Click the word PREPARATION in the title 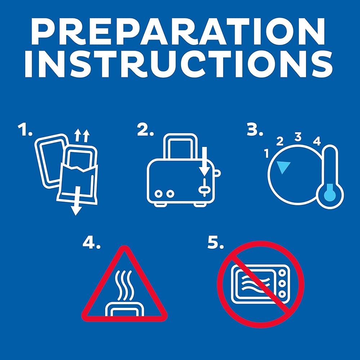click(x=178, y=31)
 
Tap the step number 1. click(x=25, y=130)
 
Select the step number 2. click(x=145, y=130)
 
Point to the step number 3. click(x=255, y=130)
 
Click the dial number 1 click(x=266, y=153)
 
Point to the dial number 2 click(x=280, y=141)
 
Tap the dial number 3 click(x=298, y=137)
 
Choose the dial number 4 click(x=317, y=141)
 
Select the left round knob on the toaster click(x=158, y=194)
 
